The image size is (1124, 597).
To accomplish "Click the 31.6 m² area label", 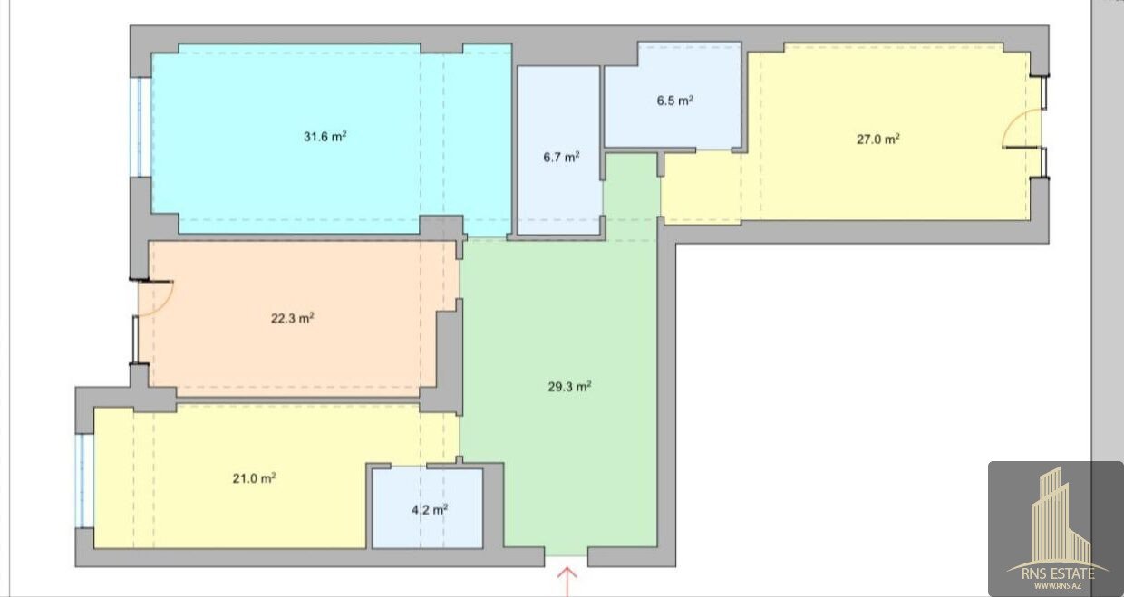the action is [325, 137].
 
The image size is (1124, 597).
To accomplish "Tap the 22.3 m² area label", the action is [293, 318].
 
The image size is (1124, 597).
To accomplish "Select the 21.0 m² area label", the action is [254, 478].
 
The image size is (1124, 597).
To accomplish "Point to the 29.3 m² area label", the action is [569, 386].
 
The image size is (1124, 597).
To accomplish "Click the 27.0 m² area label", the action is [877, 139].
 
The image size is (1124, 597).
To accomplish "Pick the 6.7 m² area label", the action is [561, 157].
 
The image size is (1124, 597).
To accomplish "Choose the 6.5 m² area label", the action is [675, 101].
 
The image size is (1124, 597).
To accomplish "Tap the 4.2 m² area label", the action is [430, 510].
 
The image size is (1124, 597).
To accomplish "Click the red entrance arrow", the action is [567, 582].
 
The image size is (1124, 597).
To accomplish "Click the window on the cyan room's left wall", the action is [135, 127].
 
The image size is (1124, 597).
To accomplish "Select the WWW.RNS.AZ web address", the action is [1058, 585].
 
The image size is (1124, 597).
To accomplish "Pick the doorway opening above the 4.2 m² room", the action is [409, 467].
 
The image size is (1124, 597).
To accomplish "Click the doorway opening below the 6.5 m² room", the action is [713, 150].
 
